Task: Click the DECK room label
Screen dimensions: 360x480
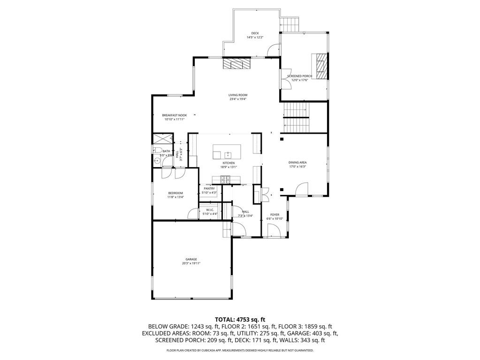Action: coord(255,33)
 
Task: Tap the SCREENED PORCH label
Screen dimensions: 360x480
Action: coord(300,76)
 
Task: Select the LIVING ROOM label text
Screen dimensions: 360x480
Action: coord(238,95)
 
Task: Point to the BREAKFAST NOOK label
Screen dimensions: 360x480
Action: coord(175,115)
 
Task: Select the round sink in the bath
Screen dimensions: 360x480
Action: coord(157,161)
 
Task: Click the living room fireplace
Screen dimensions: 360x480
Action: coord(236,63)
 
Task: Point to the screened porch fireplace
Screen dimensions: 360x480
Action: coord(321,65)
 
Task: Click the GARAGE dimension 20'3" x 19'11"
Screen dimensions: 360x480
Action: coord(191,263)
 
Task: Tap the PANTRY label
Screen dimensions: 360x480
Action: coord(209,188)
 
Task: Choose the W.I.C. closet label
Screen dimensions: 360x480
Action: coord(210,210)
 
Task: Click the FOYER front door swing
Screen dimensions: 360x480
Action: coord(273,230)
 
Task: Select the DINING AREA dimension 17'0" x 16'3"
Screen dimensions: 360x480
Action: coord(297,167)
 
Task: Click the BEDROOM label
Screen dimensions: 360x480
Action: coord(175,193)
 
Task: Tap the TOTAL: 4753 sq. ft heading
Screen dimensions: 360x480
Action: coord(240,319)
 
